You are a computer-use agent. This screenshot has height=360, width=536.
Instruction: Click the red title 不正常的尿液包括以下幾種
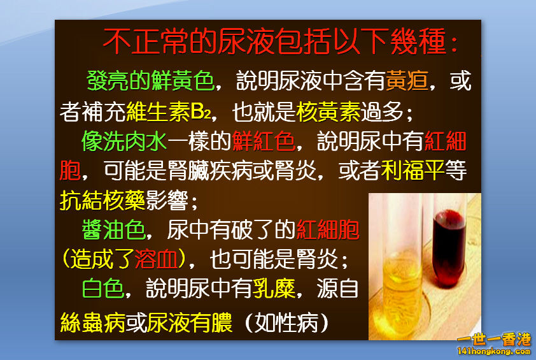(280, 42)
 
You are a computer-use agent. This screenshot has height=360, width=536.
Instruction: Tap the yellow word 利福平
(412, 171)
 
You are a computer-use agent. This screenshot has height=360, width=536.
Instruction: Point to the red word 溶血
(156, 259)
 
